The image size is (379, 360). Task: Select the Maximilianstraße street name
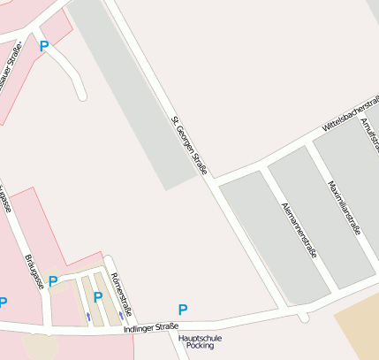345,209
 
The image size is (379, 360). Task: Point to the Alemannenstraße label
298,229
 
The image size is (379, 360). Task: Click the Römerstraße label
122,295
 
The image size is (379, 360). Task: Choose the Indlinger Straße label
151,327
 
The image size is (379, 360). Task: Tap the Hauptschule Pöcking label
200,341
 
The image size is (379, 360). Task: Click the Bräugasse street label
34,271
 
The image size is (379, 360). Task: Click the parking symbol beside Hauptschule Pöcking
183,310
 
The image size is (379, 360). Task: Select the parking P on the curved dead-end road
43,46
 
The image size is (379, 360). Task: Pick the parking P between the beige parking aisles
98,297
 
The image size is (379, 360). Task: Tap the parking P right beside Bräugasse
53,281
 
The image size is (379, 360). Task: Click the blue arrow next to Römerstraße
121,315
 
